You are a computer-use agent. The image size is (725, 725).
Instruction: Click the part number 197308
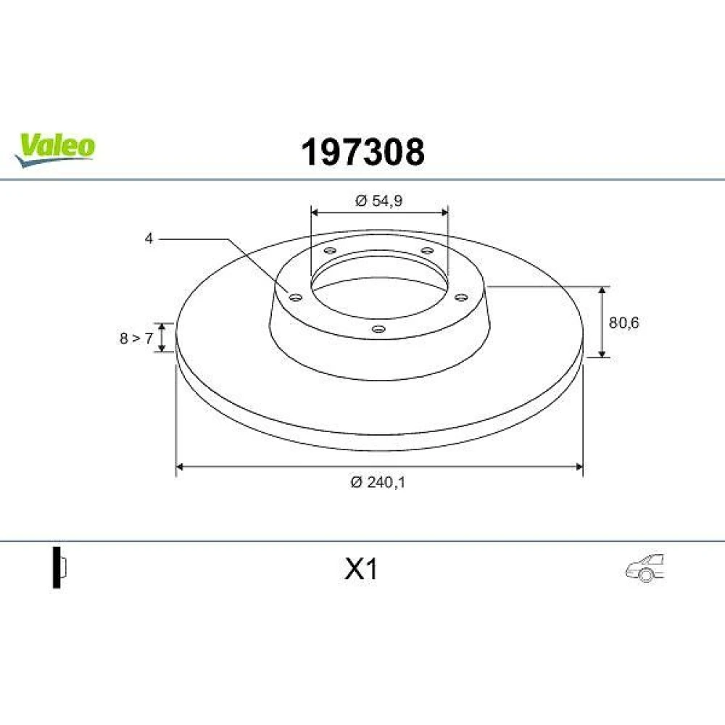tap(362, 152)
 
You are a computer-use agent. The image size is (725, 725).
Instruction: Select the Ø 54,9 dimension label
tap(379, 201)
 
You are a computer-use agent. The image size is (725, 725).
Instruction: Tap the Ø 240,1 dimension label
tap(378, 482)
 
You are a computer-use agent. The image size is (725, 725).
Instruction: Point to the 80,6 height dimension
tap(623, 323)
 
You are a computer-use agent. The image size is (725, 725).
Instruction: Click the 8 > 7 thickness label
tap(136, 339)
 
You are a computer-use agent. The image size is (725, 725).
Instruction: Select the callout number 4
tap(149, 239)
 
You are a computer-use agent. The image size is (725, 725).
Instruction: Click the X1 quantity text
tap(361, 569)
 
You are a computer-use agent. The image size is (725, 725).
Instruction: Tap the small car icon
tap(645, 568)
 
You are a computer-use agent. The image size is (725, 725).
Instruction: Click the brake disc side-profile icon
tap(59, 568)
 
